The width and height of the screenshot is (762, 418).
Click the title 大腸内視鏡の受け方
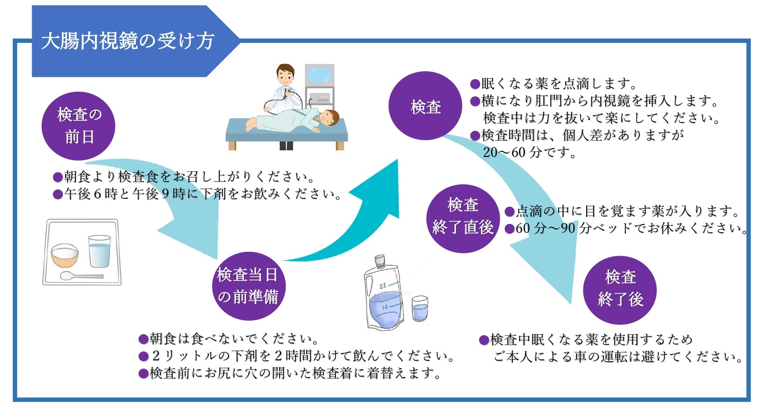click(127, 41)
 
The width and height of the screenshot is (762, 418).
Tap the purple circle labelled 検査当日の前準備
click(247, 286)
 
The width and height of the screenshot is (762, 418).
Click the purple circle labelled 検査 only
click(425, 107)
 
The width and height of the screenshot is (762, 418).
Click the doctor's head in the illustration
click(285, 74)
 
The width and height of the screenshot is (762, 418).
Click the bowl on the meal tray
click(65, 255)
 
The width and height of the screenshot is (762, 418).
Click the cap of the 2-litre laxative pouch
click(380, 261)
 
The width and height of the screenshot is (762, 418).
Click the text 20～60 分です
click(529, 152)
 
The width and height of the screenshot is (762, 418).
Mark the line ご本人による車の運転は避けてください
click(617, 357)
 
